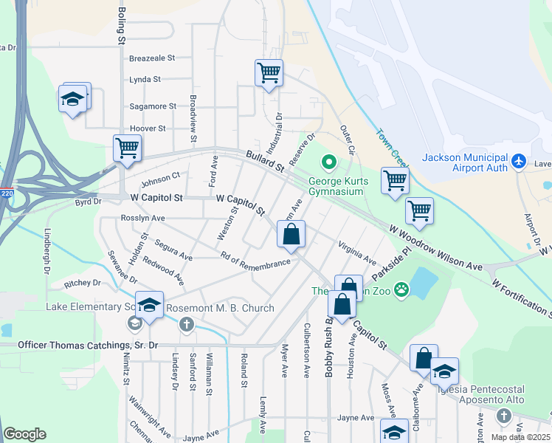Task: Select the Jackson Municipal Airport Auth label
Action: pos(465,163)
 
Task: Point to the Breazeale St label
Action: pos(151,58)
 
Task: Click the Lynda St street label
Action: pos(145,80)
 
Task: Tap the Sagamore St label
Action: pos(153,106)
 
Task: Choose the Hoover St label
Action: pos(148,128)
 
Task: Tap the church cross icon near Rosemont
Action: pos(187,323)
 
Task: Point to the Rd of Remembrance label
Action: pos(255,260)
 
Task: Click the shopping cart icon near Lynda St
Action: pos(269,73)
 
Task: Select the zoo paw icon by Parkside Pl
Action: pos(401,289)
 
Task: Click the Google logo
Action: pos(24,434)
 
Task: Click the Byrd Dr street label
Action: pos(88,202)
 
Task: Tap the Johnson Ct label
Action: pos(160,178)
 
